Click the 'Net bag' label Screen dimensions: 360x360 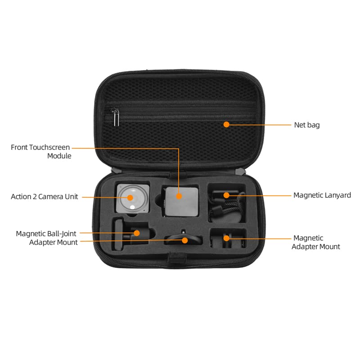coord(307,125)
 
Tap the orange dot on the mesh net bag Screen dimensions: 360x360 coord(226,124)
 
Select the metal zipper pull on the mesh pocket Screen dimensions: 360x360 coord(116,118)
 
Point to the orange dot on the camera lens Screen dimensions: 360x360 coord(130,197)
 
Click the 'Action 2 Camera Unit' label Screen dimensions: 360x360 coord(45,197)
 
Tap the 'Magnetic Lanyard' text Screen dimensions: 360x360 coord(322,195)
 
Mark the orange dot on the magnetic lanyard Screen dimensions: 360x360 coord(227,195)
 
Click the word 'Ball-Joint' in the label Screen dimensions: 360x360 coord(61,234)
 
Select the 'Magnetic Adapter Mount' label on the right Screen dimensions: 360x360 coord(316,242)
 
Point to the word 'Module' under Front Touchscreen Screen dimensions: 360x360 coord(59,156)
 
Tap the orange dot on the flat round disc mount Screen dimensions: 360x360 coord(184,240)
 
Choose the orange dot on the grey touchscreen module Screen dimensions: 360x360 coord(179,196)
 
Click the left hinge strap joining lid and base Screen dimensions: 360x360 coord(115,171)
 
